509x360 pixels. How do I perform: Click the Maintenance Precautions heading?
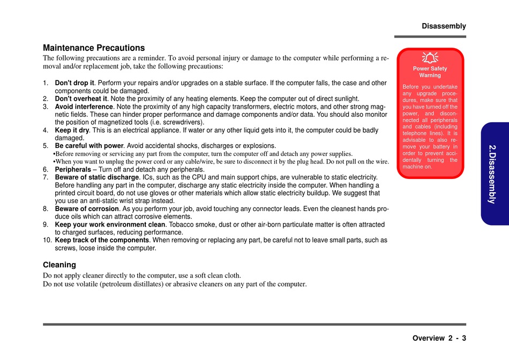tap(94, 48)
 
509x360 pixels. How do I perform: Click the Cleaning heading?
tap(59, 265)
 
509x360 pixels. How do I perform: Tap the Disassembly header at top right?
tap(444, 26)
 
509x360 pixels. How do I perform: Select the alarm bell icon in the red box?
tap(430, 57)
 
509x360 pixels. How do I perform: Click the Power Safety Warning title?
tap(430, 72)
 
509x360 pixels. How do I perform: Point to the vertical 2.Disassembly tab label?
tap(492, 174)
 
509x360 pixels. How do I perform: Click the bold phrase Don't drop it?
tap(74, 83)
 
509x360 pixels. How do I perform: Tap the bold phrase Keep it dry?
tap(72, 130)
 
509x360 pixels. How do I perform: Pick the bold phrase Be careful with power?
tap(89, 146)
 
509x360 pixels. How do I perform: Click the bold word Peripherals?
tap(73, 169)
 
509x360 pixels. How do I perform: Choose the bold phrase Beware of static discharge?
tap(97, 177)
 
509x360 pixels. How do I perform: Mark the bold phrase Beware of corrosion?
tap(87, 208)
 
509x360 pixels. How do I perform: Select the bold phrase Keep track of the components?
tap(102, 240)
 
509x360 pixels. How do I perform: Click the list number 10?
tap(47, 240)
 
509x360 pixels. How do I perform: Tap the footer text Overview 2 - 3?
tap(439, 338)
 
